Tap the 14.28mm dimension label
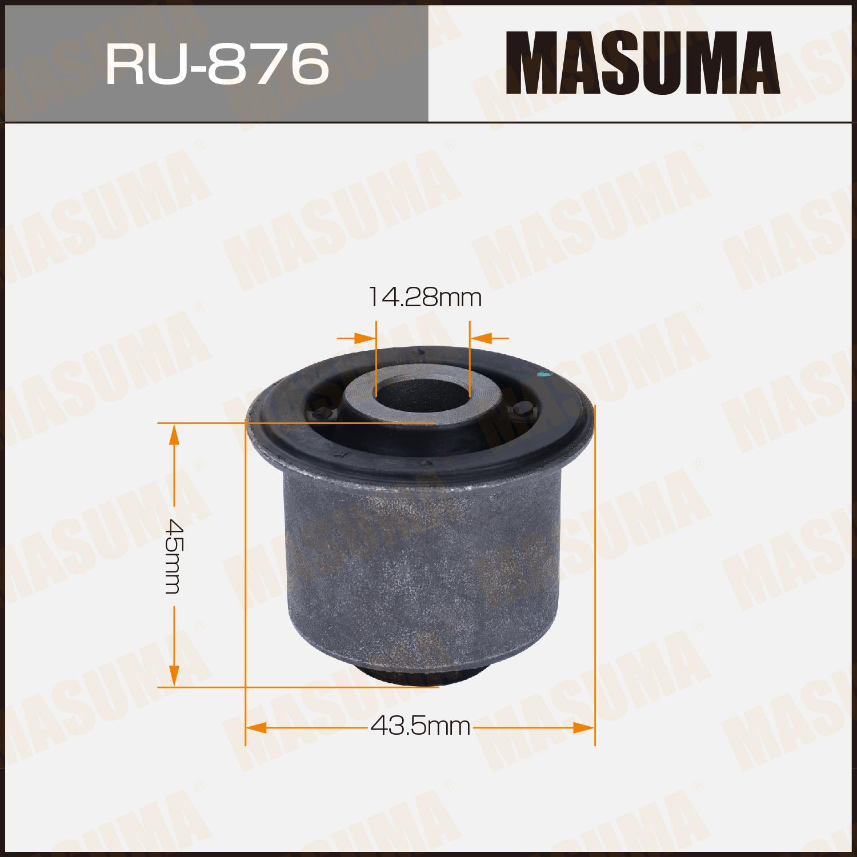coord(424,298)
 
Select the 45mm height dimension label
coord(172,555)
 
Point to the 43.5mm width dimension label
coord(421,727)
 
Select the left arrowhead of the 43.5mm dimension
coord(256,727)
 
